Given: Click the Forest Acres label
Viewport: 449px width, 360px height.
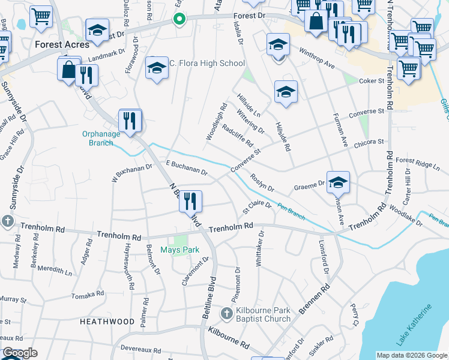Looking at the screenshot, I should pyautogui.click(x=62, y=44).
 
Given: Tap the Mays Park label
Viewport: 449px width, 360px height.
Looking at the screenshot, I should pyautogui.click(x=179, y=250).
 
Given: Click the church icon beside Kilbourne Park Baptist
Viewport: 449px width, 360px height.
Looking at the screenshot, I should pyautogui.click(x=227, y=313).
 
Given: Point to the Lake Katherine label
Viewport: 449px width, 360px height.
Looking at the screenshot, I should pyautogui.click(x=414, y=325).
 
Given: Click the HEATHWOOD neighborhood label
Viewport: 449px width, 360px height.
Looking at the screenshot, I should pyautogui.click(x=107, y=322).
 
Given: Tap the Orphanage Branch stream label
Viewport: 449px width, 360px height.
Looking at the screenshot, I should pyautogui.click(x=97, y=138).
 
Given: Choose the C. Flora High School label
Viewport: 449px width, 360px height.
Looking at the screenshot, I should pyautogui.click(x=202, y=64).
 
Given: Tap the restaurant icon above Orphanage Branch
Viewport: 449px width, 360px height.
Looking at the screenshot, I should pyautogui.click(x=130, y=119).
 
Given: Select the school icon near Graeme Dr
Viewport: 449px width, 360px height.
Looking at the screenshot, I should pyautogui.click(x=338, y=182).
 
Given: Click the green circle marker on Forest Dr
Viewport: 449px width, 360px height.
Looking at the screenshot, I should pyautogui.click(x=178, y=19).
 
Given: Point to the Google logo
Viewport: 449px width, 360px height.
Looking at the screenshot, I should pyautogui.click(x=20, y=353).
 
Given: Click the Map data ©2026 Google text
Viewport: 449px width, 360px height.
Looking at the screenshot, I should pyautogui.click(x=411, y=355).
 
